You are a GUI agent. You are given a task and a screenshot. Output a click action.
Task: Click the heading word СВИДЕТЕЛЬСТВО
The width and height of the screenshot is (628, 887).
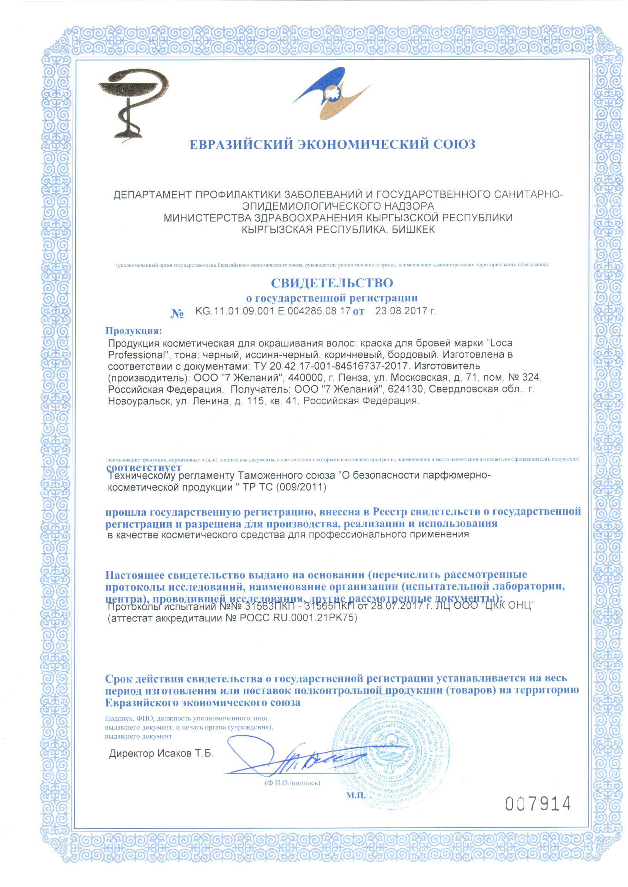coord(332,283)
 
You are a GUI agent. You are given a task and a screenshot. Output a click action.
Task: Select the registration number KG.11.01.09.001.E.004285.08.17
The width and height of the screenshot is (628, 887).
coord(273,311)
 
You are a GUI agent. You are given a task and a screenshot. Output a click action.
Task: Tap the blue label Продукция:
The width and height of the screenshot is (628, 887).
coord(132,331)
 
